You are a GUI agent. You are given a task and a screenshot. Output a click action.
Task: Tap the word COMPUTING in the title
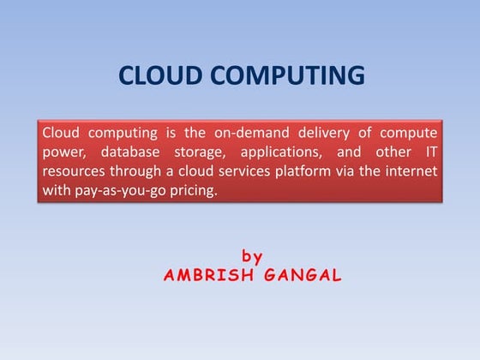pos(286,76)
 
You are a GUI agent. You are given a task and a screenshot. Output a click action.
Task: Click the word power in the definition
pos(63,152)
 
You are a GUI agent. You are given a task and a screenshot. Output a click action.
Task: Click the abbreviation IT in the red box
pos(431,152)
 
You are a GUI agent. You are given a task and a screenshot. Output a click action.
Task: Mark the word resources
pos(75,171)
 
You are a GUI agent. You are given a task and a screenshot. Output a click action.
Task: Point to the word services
pos(255,171)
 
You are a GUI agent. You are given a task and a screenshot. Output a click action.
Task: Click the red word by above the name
pos(252,255)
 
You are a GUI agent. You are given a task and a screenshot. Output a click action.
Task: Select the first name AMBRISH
pos(204,276)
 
